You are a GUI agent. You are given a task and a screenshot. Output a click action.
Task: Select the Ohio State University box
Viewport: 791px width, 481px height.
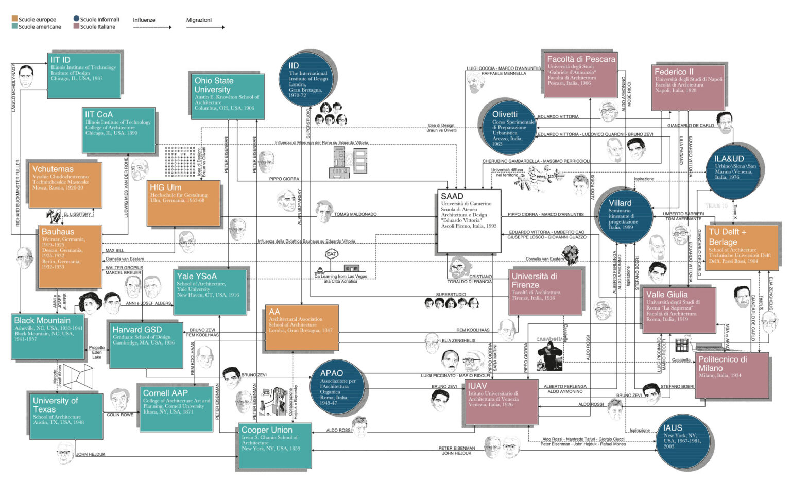click(x=227, y=96)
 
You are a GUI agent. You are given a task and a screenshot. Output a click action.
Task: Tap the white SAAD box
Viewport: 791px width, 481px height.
click(x=469, y=221)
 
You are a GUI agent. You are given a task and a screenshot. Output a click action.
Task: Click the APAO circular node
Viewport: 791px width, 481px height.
click(x=338, y=388)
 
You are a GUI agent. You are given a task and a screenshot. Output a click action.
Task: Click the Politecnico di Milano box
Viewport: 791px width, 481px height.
click(x=732, y=375)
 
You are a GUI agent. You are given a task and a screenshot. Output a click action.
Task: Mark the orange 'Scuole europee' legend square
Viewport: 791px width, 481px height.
click(x=14, y=19)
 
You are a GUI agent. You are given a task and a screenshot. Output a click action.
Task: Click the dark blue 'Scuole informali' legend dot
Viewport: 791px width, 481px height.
click(x=76, y=19)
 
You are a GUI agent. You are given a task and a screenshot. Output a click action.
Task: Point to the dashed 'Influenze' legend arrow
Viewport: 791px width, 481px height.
click(x=152, y=27)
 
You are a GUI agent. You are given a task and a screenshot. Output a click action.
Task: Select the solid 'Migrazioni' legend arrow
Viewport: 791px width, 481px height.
click(x=205, y=27)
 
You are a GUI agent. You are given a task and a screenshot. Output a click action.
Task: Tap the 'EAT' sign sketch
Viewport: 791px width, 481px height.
click(x=332, y=254)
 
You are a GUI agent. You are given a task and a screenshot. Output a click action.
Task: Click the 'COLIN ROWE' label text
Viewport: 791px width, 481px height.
click(x=120, y=415)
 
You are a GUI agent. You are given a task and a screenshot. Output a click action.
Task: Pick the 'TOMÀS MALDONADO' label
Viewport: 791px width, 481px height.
click(x=355, y=214)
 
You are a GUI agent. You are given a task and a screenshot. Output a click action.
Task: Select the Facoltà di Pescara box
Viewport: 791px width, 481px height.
click(x=579, y=74)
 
